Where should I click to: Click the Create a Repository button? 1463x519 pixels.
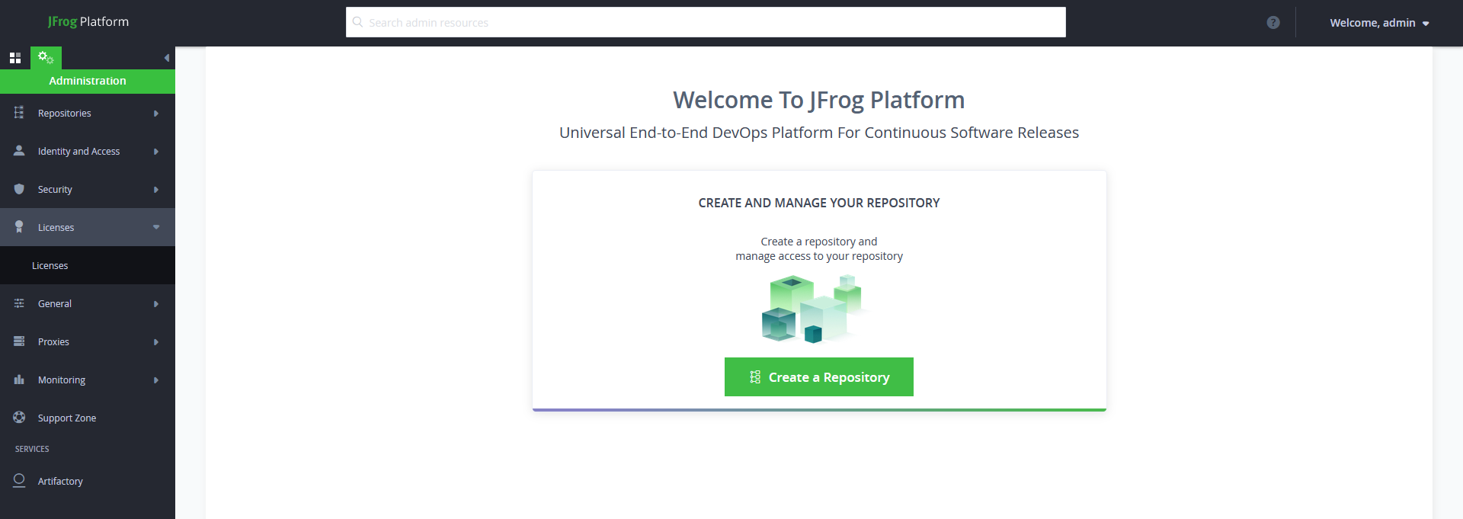[818, 376]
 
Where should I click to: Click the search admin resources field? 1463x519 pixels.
[706, 22]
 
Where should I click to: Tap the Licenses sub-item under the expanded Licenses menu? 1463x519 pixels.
[50, 265]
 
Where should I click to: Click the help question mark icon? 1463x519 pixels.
[1273, 23]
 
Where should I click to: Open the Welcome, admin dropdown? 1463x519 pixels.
[1379, 23]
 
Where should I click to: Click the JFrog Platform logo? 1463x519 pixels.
[88, 21]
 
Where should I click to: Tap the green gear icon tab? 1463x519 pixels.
[46, 58]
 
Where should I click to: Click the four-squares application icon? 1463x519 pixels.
[14, 58]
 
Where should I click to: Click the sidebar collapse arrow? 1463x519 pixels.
[167, 58]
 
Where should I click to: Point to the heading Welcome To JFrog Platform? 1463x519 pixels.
[819, 100]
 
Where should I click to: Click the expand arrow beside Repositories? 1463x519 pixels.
[156, 114]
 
